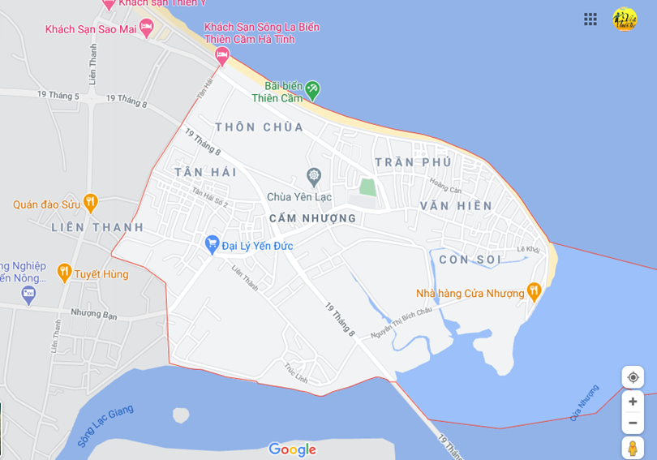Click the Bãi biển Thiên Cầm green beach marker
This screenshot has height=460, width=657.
(312, 89)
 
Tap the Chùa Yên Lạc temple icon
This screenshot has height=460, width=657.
(314, 176)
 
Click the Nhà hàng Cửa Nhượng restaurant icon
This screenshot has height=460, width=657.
(534, 290)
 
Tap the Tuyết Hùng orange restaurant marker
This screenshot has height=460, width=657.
(64, 272)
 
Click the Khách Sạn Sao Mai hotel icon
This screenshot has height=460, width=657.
(147, 28)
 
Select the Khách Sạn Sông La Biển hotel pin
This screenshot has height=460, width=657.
(222, 55)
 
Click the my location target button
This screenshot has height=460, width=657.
(633, 377)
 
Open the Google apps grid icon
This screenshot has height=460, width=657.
(590, 19)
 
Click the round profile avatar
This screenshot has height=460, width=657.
(625, 19)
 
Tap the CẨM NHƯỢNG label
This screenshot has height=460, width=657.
(312, 218)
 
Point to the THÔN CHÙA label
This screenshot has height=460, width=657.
(260, 127)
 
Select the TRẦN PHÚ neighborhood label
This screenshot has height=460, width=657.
(413, 162)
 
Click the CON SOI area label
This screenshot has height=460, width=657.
(470, 259)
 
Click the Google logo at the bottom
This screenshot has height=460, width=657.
(292, 449)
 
